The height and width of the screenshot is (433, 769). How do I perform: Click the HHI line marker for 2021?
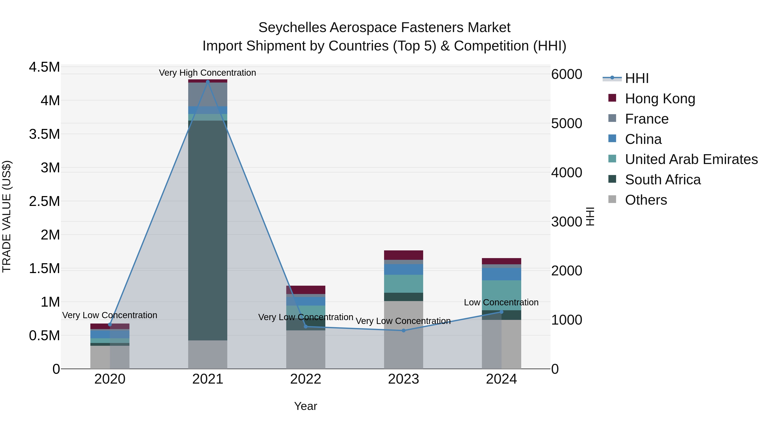(208, 82)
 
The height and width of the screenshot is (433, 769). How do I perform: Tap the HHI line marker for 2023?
(403, 331)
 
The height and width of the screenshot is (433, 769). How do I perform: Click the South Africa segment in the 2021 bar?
(208, 230)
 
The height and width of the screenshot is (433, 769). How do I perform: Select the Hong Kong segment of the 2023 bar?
(403, 255)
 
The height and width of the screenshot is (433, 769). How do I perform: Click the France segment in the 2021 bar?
(208, 94)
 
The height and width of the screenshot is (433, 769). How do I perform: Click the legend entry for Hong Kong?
(660, 99)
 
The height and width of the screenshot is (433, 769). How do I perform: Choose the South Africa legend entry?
(662, 180)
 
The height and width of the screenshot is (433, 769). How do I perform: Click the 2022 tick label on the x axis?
(305, 379)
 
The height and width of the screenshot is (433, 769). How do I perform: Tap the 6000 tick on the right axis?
(566, 74)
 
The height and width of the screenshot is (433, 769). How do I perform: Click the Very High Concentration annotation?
(207, 73)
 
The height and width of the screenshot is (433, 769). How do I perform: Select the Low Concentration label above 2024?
(501, 302)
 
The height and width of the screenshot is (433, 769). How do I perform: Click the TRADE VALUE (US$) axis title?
(7, 216)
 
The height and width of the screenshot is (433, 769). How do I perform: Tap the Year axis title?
(305, 406)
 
